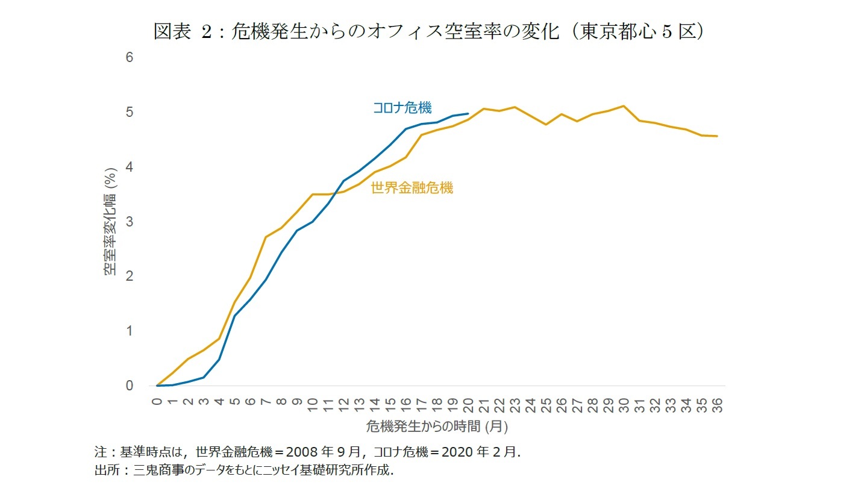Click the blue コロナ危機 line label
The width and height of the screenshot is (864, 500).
(x=402, y=108)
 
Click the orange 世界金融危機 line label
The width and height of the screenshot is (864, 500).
(x=412, y=188)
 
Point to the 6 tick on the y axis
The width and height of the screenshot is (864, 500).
(x=129, y=58)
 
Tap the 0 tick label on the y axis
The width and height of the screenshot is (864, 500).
(x=129, y=386)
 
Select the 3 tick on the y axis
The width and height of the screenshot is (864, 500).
(x=129, y=222)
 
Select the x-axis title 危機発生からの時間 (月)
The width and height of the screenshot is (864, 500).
(x=436, y=427)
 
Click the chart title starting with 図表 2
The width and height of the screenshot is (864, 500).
(x=429, y=32)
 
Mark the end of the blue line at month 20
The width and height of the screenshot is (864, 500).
(x=468, y=113)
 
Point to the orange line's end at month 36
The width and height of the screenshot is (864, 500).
(x=717, y=136)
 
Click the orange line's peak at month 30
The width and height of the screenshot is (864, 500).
(x=624, y=106)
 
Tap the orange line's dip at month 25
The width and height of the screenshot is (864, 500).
(x=546, y=124)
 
